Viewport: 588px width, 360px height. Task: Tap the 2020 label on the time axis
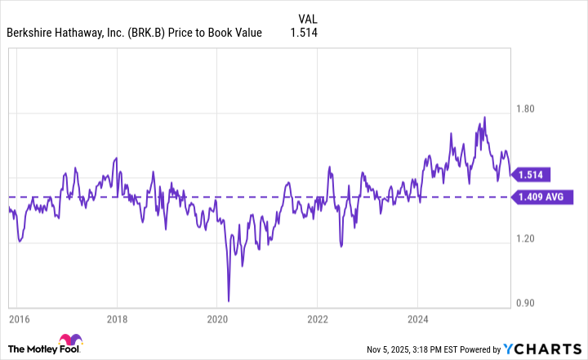[x=217, y=318]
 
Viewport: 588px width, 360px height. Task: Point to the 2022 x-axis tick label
[x=318, y=318]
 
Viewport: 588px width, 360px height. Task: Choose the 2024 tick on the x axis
[x=417, y=318]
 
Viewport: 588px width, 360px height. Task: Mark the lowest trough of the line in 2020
[x=229, y=300]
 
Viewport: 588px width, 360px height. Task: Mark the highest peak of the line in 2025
[x=484, y=117]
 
